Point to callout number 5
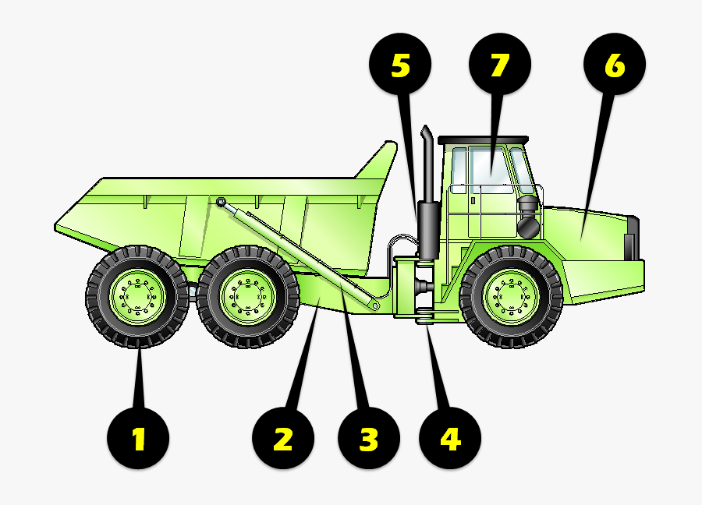pos(400,65)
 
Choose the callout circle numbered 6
pos(615,65)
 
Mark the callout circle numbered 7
pos(499,65)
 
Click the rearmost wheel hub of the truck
pos(136,297)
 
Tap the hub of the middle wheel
pos(247,297)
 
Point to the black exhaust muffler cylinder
pos(428,229)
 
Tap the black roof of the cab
pos(484,139)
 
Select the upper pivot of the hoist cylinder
pos(222,203)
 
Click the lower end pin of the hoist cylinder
pos(375,306)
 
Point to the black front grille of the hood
pos(633,238)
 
